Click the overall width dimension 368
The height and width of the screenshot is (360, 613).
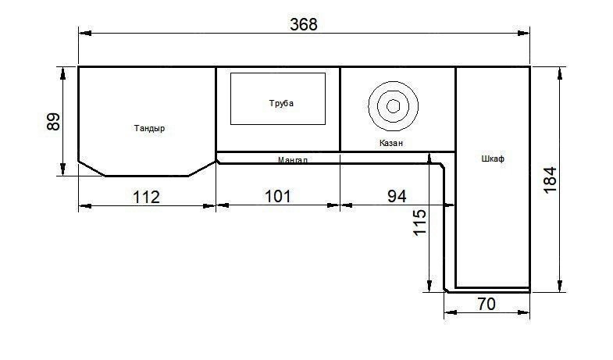click(303, 24)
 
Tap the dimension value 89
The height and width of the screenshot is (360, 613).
click(53, 122)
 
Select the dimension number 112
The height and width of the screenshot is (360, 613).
click(146, 197)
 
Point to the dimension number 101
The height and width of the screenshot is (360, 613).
click(277, 196)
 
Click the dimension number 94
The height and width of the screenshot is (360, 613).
click(397, 196)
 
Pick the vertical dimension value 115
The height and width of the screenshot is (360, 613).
click(419, 223)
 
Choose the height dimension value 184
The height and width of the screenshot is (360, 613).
click(550, 180)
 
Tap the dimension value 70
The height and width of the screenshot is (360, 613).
click(486, 304)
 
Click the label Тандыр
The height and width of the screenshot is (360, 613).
click(149, 128)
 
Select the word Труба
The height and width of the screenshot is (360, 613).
click(281, 103)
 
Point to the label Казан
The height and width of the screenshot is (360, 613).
click(391, 143)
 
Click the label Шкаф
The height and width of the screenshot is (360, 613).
click(493, 159)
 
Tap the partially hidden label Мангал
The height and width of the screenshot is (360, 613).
click(292, 159)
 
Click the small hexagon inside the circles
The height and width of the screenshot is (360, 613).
click(393, 106)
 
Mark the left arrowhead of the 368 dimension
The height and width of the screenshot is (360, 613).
click(85, 34)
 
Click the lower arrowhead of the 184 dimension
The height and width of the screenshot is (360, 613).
click(560, 285)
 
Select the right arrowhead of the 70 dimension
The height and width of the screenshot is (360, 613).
click(523, 312)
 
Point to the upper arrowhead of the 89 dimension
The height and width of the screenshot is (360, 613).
click(62, 73)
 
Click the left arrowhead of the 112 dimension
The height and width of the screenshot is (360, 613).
click(85, 205)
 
